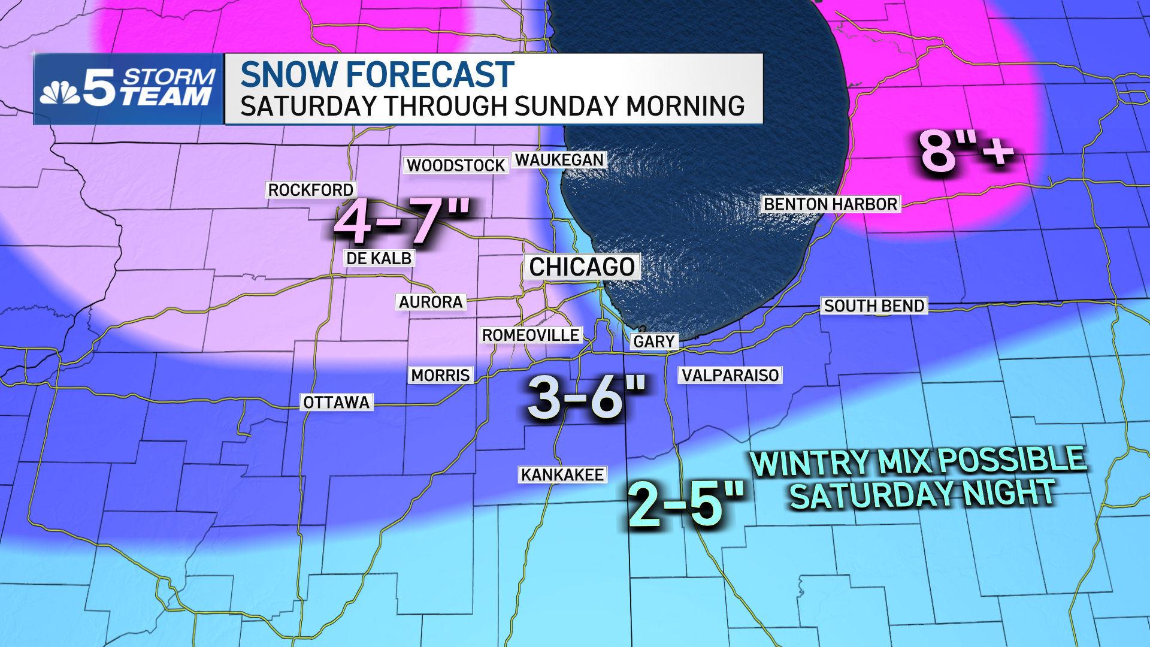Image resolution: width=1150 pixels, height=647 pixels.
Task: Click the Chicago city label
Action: pos(582,267)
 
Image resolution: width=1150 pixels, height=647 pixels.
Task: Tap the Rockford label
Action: pos(310,190)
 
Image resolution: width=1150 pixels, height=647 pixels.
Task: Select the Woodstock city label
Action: pos(456,165)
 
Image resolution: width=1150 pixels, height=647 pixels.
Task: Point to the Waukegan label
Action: pos(559,160)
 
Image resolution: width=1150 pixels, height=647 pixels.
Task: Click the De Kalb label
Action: pos(379,258)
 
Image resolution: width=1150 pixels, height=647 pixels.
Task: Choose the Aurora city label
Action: pos(431,302)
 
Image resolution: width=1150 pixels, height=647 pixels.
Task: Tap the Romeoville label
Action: pos(531,335)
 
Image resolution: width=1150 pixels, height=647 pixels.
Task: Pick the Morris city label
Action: pos(440,375)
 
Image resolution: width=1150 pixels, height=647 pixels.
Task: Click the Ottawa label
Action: pos(337,402)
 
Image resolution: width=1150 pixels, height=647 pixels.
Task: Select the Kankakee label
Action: pos(562,474)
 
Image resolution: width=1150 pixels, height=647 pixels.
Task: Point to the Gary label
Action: pos(654,341)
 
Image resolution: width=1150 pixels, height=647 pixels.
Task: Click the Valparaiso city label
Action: pos(730,375)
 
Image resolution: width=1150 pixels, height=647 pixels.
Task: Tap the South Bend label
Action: pos(874,306)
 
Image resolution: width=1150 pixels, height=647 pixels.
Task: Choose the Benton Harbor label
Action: pos(831,204)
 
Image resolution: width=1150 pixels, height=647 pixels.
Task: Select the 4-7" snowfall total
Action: pos(402,220)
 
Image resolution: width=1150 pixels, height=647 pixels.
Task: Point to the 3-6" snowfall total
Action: pos(587,397)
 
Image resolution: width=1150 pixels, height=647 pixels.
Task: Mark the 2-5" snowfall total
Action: pos(686,503)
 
